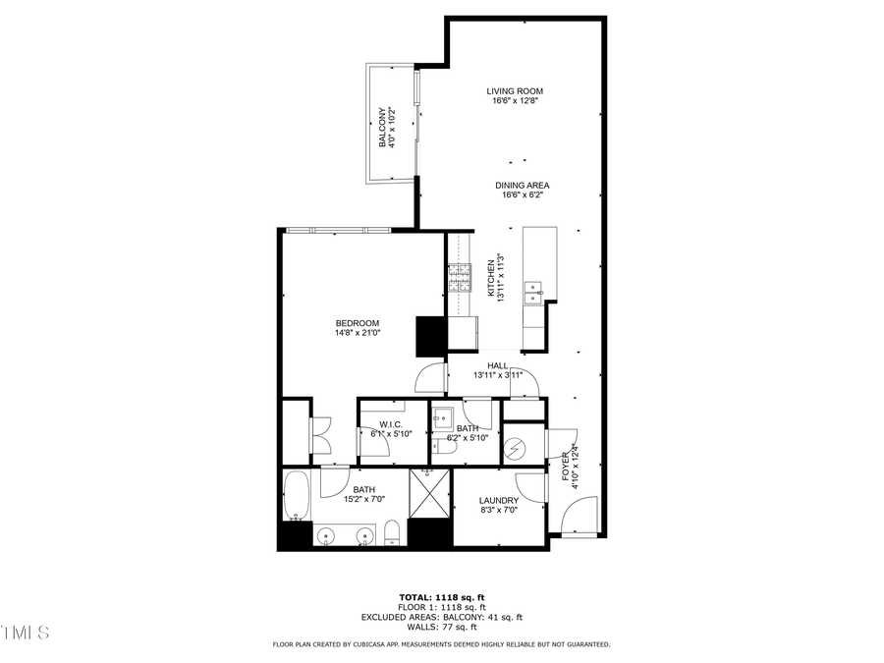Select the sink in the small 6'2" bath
click(443, 414)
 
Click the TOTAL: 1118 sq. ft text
click(441, 597)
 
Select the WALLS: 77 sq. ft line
click(441, 627)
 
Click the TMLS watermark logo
click(26, 632)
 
